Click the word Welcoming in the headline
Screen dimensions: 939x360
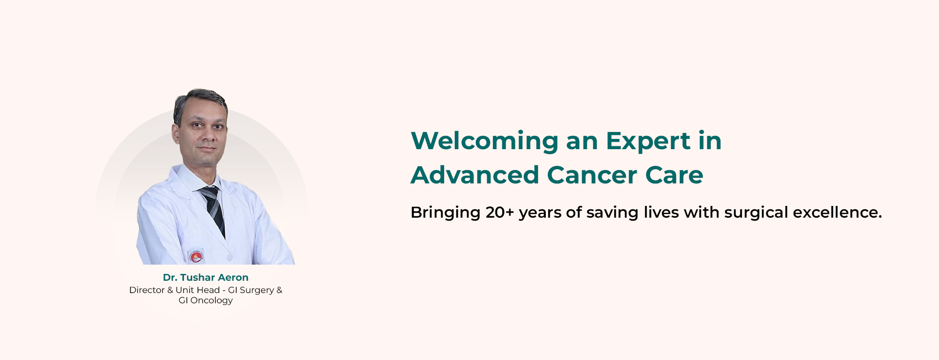coord(485,141)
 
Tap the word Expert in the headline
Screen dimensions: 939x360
coord(648,141)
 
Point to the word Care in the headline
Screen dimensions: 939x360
coord(674,175)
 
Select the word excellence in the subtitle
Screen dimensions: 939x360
coord(837,212)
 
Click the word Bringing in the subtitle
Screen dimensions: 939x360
coord(446,213)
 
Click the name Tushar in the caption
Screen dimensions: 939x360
coord(198,277)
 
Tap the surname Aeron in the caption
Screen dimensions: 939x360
coord(233,277)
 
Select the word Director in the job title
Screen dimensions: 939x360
coord(147,290)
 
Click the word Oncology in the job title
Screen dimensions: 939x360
coord(211,301)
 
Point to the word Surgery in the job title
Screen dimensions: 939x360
coord(257,291)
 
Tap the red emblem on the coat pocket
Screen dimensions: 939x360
coord(196,256)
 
